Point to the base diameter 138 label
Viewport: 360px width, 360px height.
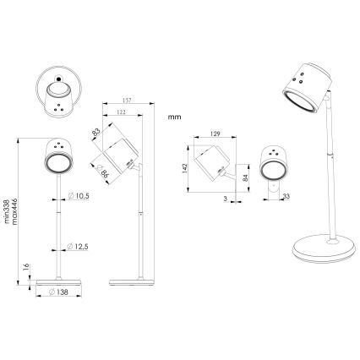pos(59,292)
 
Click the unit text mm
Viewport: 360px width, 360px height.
pos(175,117)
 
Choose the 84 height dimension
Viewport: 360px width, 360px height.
pos(246,177)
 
